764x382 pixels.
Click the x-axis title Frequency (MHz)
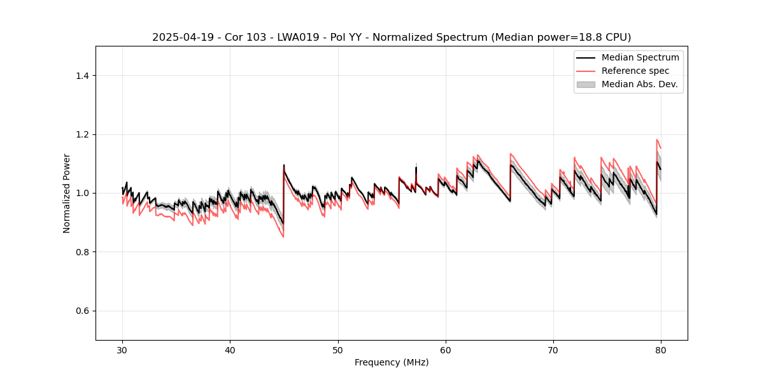pos(392,362)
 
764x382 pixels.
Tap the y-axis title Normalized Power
pos(67,193)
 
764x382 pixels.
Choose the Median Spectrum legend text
pos(640,57)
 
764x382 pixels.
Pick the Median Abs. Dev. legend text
pos(639,84)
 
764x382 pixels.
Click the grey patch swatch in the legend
pos(586,84)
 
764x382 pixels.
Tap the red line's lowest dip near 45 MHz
pos(283,237)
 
